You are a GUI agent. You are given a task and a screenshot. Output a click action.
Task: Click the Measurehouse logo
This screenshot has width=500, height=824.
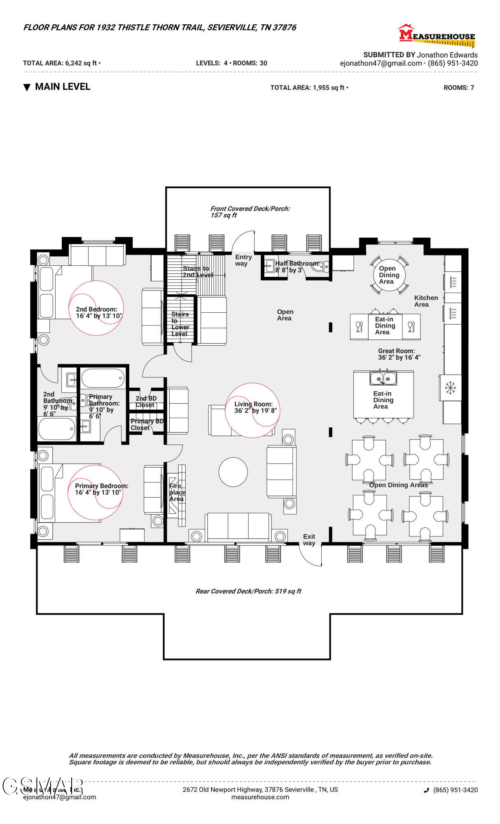click(437, 35)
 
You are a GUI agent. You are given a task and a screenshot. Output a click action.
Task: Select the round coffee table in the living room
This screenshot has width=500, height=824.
click(233, 472)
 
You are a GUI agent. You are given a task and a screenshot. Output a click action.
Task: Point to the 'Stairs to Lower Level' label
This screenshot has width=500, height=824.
click(180, 324)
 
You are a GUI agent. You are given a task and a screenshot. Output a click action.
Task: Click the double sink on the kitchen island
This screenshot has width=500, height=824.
click(383, 378)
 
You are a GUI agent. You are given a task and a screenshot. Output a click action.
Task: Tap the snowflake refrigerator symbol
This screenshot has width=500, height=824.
click(450, 388)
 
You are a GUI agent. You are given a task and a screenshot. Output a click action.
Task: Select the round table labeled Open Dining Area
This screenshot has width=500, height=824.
click(389, 275)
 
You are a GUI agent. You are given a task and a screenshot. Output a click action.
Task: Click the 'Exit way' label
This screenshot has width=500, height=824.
click(309, 540)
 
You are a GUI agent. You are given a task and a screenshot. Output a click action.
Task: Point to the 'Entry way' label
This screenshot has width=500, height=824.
click(243, 260)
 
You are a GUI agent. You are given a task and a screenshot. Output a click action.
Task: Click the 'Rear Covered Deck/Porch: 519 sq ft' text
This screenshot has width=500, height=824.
click(248, 591)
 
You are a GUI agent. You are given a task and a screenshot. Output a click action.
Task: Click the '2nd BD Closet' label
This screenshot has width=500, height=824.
click(145, 401)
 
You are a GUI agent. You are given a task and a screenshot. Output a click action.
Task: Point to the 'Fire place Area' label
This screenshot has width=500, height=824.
click(177, 492)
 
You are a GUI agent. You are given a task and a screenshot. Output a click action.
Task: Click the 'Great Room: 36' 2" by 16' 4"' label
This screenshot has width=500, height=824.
click(399, 354)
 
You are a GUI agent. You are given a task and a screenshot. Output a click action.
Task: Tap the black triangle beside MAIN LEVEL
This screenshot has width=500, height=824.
click(27, 87)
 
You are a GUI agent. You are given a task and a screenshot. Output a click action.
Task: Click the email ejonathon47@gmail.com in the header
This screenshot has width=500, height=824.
click(381, 63)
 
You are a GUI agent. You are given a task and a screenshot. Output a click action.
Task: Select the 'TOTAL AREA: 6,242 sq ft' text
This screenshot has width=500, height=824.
click(61, 63)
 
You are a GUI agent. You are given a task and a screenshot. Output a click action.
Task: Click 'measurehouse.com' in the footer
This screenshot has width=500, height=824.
click(260, 797)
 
